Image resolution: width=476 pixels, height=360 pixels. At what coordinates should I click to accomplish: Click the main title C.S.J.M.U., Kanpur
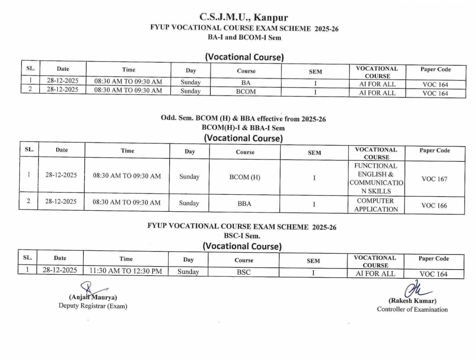pos(244,17)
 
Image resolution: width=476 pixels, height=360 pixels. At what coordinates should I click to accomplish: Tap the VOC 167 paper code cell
pos(434,179)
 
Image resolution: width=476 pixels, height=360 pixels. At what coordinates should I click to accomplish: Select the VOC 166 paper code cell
pos(434,206)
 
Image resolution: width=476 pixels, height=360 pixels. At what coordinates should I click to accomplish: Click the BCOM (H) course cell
pos(245,177)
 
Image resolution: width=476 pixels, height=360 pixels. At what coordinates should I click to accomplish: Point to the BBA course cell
pos(244,204)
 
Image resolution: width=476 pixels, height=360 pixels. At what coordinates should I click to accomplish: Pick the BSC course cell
pos(244,272)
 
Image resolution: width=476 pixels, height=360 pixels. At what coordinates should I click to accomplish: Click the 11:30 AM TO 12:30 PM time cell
pos(126,271)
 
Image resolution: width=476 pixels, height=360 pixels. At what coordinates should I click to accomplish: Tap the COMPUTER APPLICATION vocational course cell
pos(376,205)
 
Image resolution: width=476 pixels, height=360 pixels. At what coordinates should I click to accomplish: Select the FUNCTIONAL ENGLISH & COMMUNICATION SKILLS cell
pos(376,178)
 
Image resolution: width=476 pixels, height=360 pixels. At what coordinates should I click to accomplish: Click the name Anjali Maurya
pos(93,298)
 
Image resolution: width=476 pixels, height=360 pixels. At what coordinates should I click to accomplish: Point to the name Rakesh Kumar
pos(413,301)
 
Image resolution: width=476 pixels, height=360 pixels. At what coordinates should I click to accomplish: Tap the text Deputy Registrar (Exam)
pos(93,306)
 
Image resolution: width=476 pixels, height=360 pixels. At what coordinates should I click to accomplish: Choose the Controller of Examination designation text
pos(412,309)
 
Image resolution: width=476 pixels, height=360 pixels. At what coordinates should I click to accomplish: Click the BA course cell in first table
pos(246,83)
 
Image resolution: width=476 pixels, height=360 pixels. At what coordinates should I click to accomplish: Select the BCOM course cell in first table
pos(246,92)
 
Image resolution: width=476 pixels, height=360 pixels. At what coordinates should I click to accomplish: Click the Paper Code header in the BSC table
pos(434,259)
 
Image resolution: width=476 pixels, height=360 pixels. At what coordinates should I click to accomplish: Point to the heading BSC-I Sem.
pos(242,236)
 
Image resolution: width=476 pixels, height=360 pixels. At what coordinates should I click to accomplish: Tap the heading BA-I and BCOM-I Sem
pos(244,37)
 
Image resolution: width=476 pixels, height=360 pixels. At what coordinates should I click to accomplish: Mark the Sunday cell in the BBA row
pos(189,203)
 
